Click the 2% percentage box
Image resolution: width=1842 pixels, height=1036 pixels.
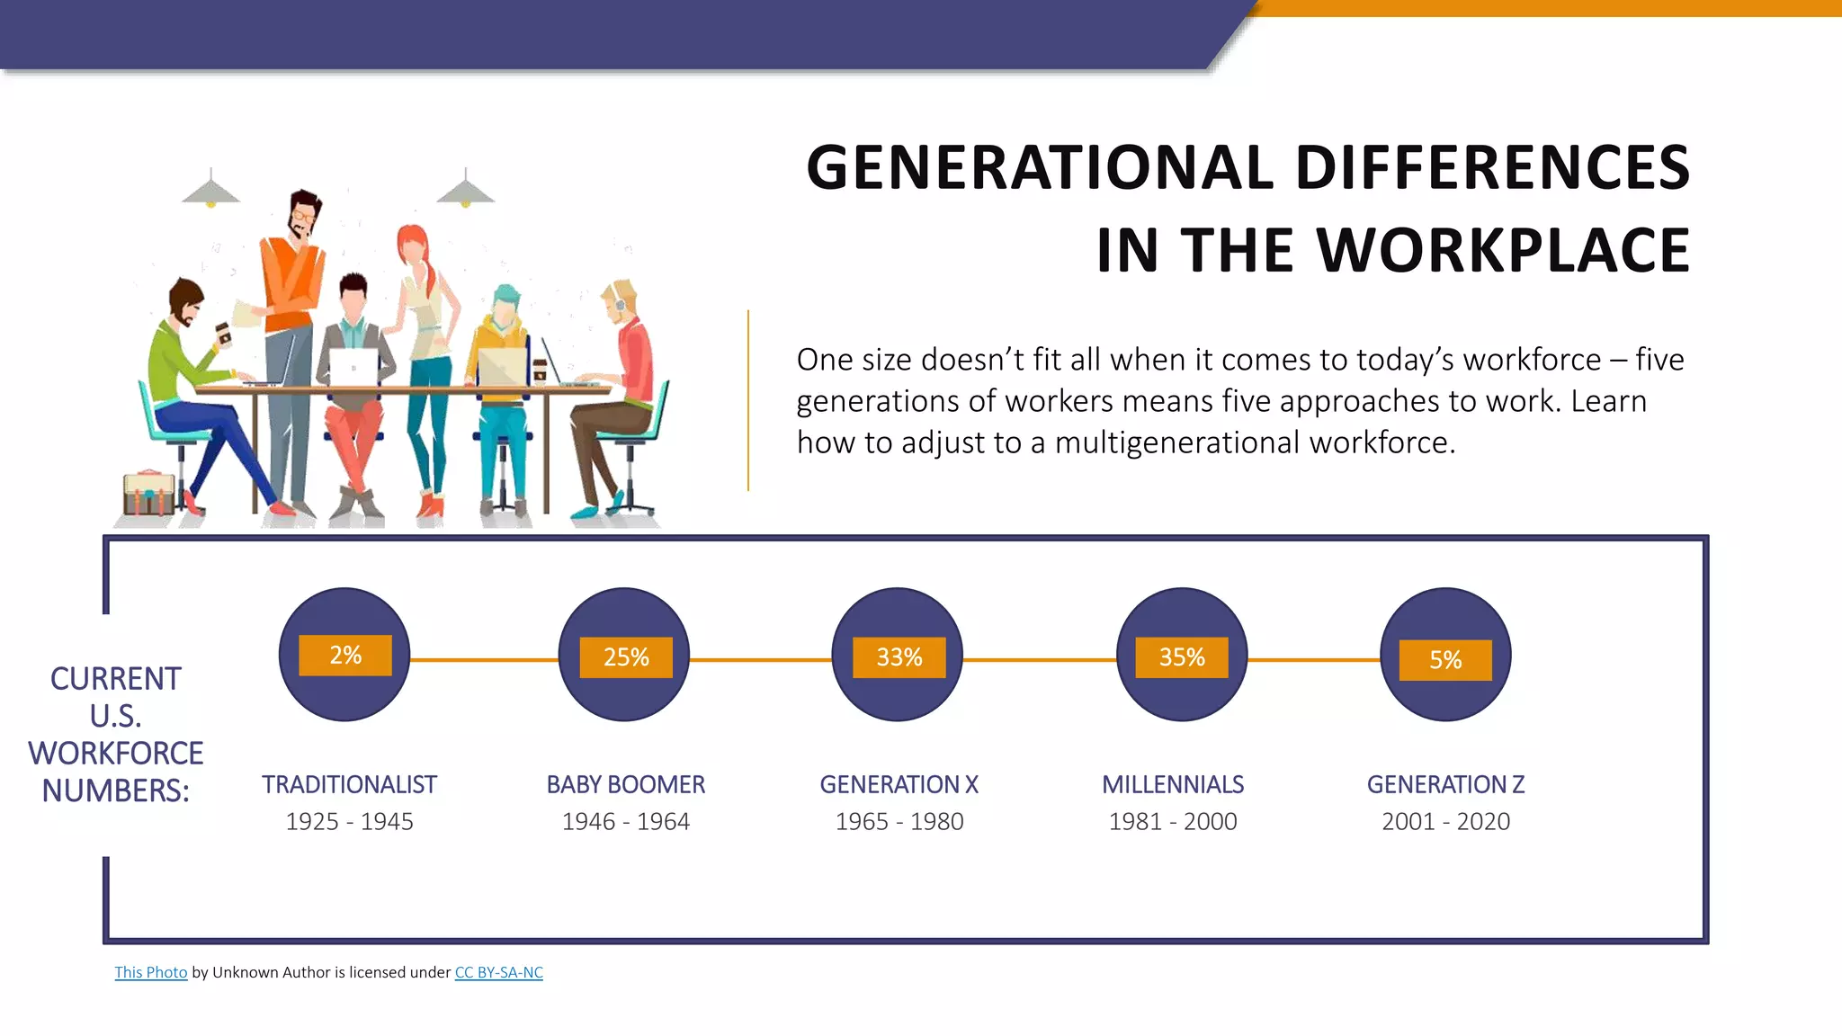tap(345, 655)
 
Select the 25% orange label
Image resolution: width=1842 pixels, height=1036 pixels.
tap(626, 657)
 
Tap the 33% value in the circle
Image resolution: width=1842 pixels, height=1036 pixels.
tap(899, 657)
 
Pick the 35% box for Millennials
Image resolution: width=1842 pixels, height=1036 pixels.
tap(1182, 657)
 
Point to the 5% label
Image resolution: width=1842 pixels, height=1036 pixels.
tap(1445, 660)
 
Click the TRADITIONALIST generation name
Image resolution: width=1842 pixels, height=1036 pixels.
tap(349, 785)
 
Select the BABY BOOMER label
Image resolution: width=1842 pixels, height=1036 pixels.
tap(626, 785)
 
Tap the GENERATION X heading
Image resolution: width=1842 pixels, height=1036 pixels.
tap(899, 785)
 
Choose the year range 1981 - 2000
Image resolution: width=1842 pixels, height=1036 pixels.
tap(1173, 822)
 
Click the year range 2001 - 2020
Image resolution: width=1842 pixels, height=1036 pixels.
tap(1445, 822)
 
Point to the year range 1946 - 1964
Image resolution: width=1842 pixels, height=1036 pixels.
tap(626, 822)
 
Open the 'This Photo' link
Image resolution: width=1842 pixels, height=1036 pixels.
tap(151, 972)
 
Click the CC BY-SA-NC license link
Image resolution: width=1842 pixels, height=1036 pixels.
tap(498, 972)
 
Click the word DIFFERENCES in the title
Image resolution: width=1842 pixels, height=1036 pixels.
tap(1492, 168)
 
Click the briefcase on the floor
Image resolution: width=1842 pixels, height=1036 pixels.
tap(148, 493)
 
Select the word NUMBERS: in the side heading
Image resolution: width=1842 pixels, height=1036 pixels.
tap(115, 791)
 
